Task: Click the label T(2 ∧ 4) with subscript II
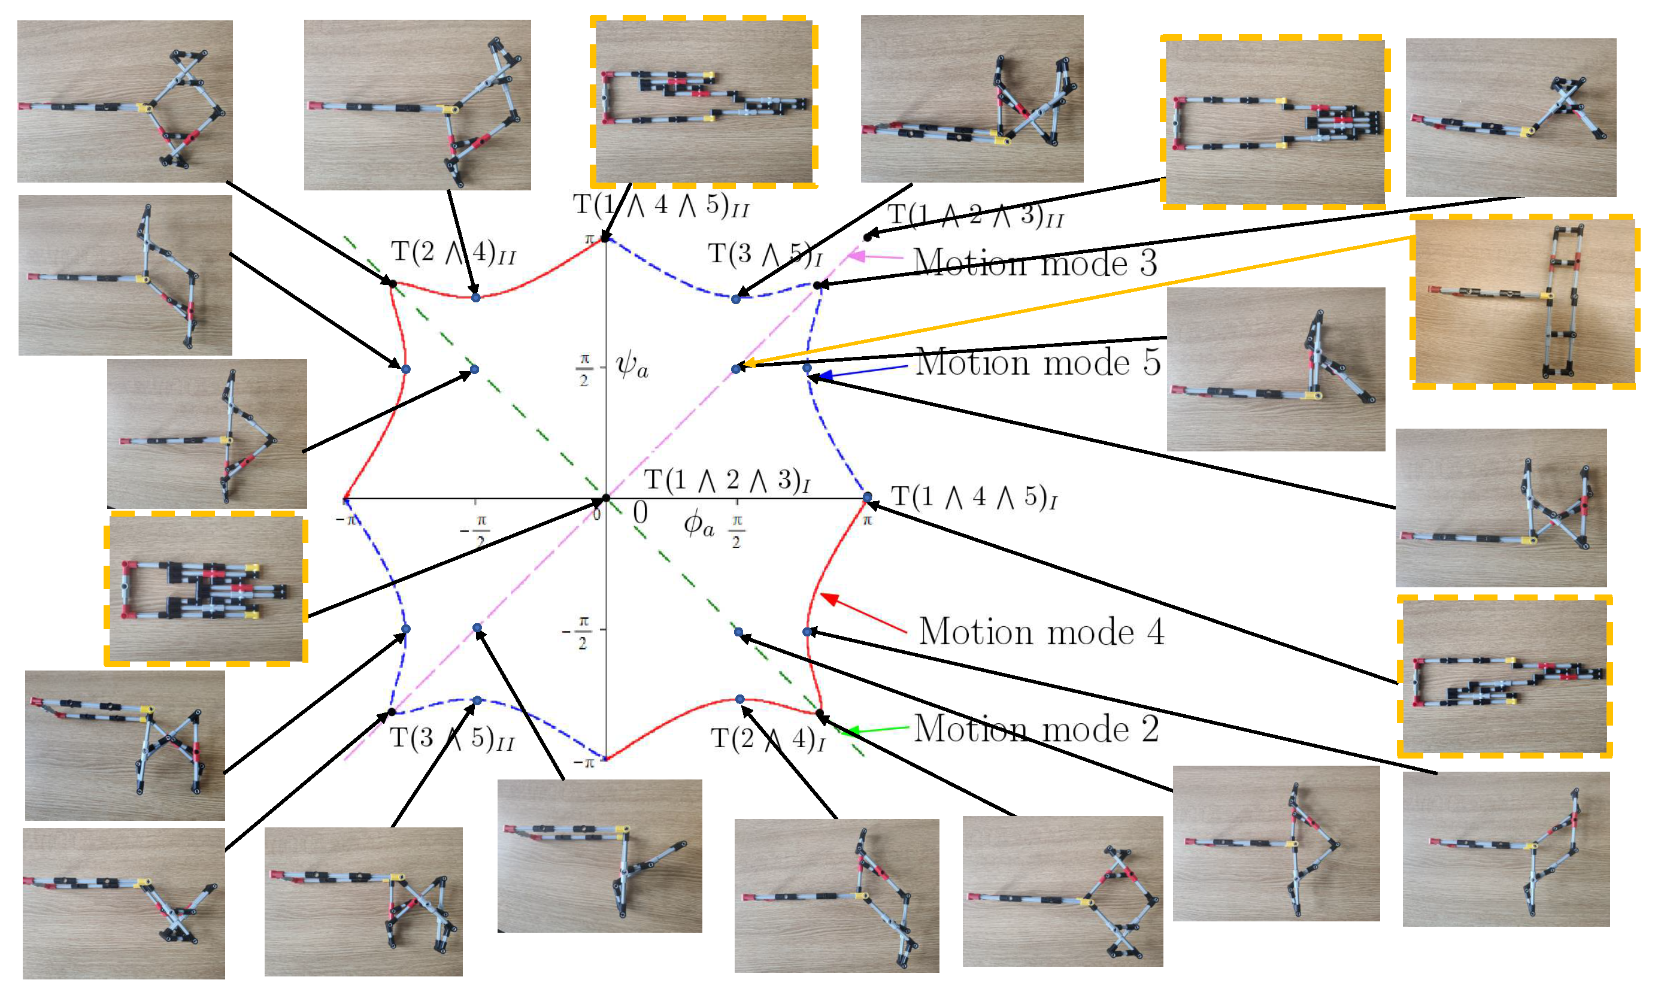coord(453,253)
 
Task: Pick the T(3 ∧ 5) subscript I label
coord(765,254)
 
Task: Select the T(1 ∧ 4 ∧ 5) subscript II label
coord(660,205)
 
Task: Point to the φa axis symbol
coord(699,524)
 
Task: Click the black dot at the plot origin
coord(605,498)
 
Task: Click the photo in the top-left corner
coord(125,101)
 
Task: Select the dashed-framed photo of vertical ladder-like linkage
coord(1523,302)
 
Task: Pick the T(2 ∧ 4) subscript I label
coord(767,739)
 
